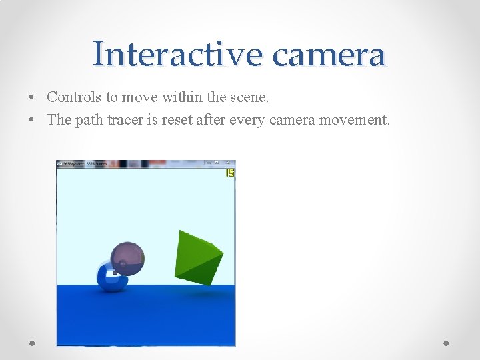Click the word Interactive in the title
pyautogui.click(x=177, y=53)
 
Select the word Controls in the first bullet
pyautogui.click(x=74, y=97)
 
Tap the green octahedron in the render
pyautogui.click(x=197, y=257)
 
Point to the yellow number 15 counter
pyautogui.click(x=230, y=173)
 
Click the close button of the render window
pyautogui.click(x=228, y=163)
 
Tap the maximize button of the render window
pyautogui.click(x=217, y=163)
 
